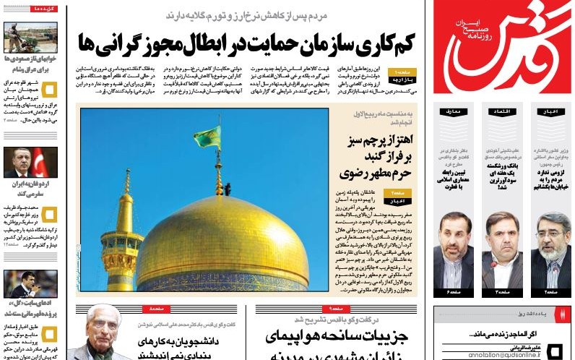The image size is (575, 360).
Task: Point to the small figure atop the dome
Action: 219,189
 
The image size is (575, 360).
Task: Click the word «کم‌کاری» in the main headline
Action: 388,42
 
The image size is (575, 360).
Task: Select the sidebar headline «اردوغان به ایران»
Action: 29,189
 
